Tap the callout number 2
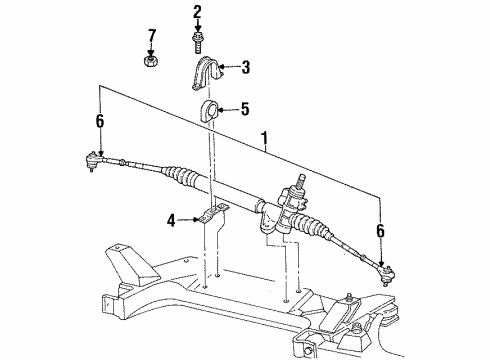[x=197, y=11]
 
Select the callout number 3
[x=244, y=67]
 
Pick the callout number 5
[x=244, y=108]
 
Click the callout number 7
[x=152, y=37]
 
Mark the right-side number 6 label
[x=381, y=231]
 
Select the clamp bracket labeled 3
[x=210, y=74]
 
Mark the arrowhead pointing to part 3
[x=225, y=67]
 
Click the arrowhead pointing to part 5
[x=225, y=108]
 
